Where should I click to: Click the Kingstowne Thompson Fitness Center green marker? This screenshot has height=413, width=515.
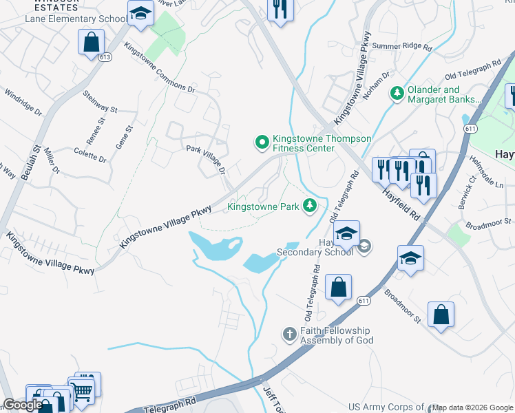tap(262, 142)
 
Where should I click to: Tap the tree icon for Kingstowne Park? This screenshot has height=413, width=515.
tap(311, 206)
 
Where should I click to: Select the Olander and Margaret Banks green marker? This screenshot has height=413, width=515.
tap(397, 93)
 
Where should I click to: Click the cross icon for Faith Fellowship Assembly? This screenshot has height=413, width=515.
tap(290, 335)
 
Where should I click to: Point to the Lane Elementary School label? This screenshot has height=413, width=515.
tap(76, 19)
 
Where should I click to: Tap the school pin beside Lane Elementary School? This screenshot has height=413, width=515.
tap(140, 14)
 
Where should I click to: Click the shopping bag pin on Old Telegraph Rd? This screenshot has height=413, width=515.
tap(338, 288)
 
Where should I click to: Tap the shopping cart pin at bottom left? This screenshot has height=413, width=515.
tap(83, 391)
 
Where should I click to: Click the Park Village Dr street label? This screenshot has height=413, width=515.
tap(206, 158)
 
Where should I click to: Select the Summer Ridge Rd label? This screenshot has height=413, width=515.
tap(401, 47)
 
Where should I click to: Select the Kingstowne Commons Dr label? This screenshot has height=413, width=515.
tap(159, 67)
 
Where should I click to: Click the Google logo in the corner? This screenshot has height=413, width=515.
tap(23, 405)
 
